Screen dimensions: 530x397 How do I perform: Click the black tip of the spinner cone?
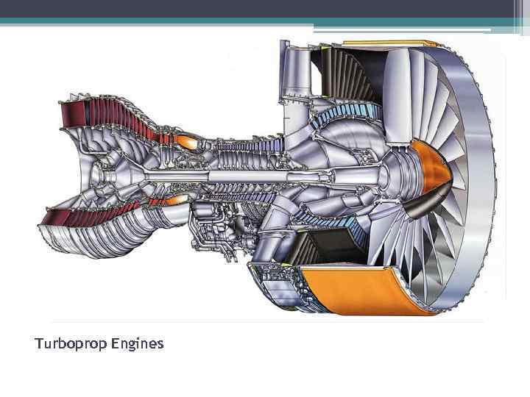(409, 205)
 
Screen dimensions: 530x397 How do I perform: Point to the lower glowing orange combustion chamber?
(175, 199)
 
